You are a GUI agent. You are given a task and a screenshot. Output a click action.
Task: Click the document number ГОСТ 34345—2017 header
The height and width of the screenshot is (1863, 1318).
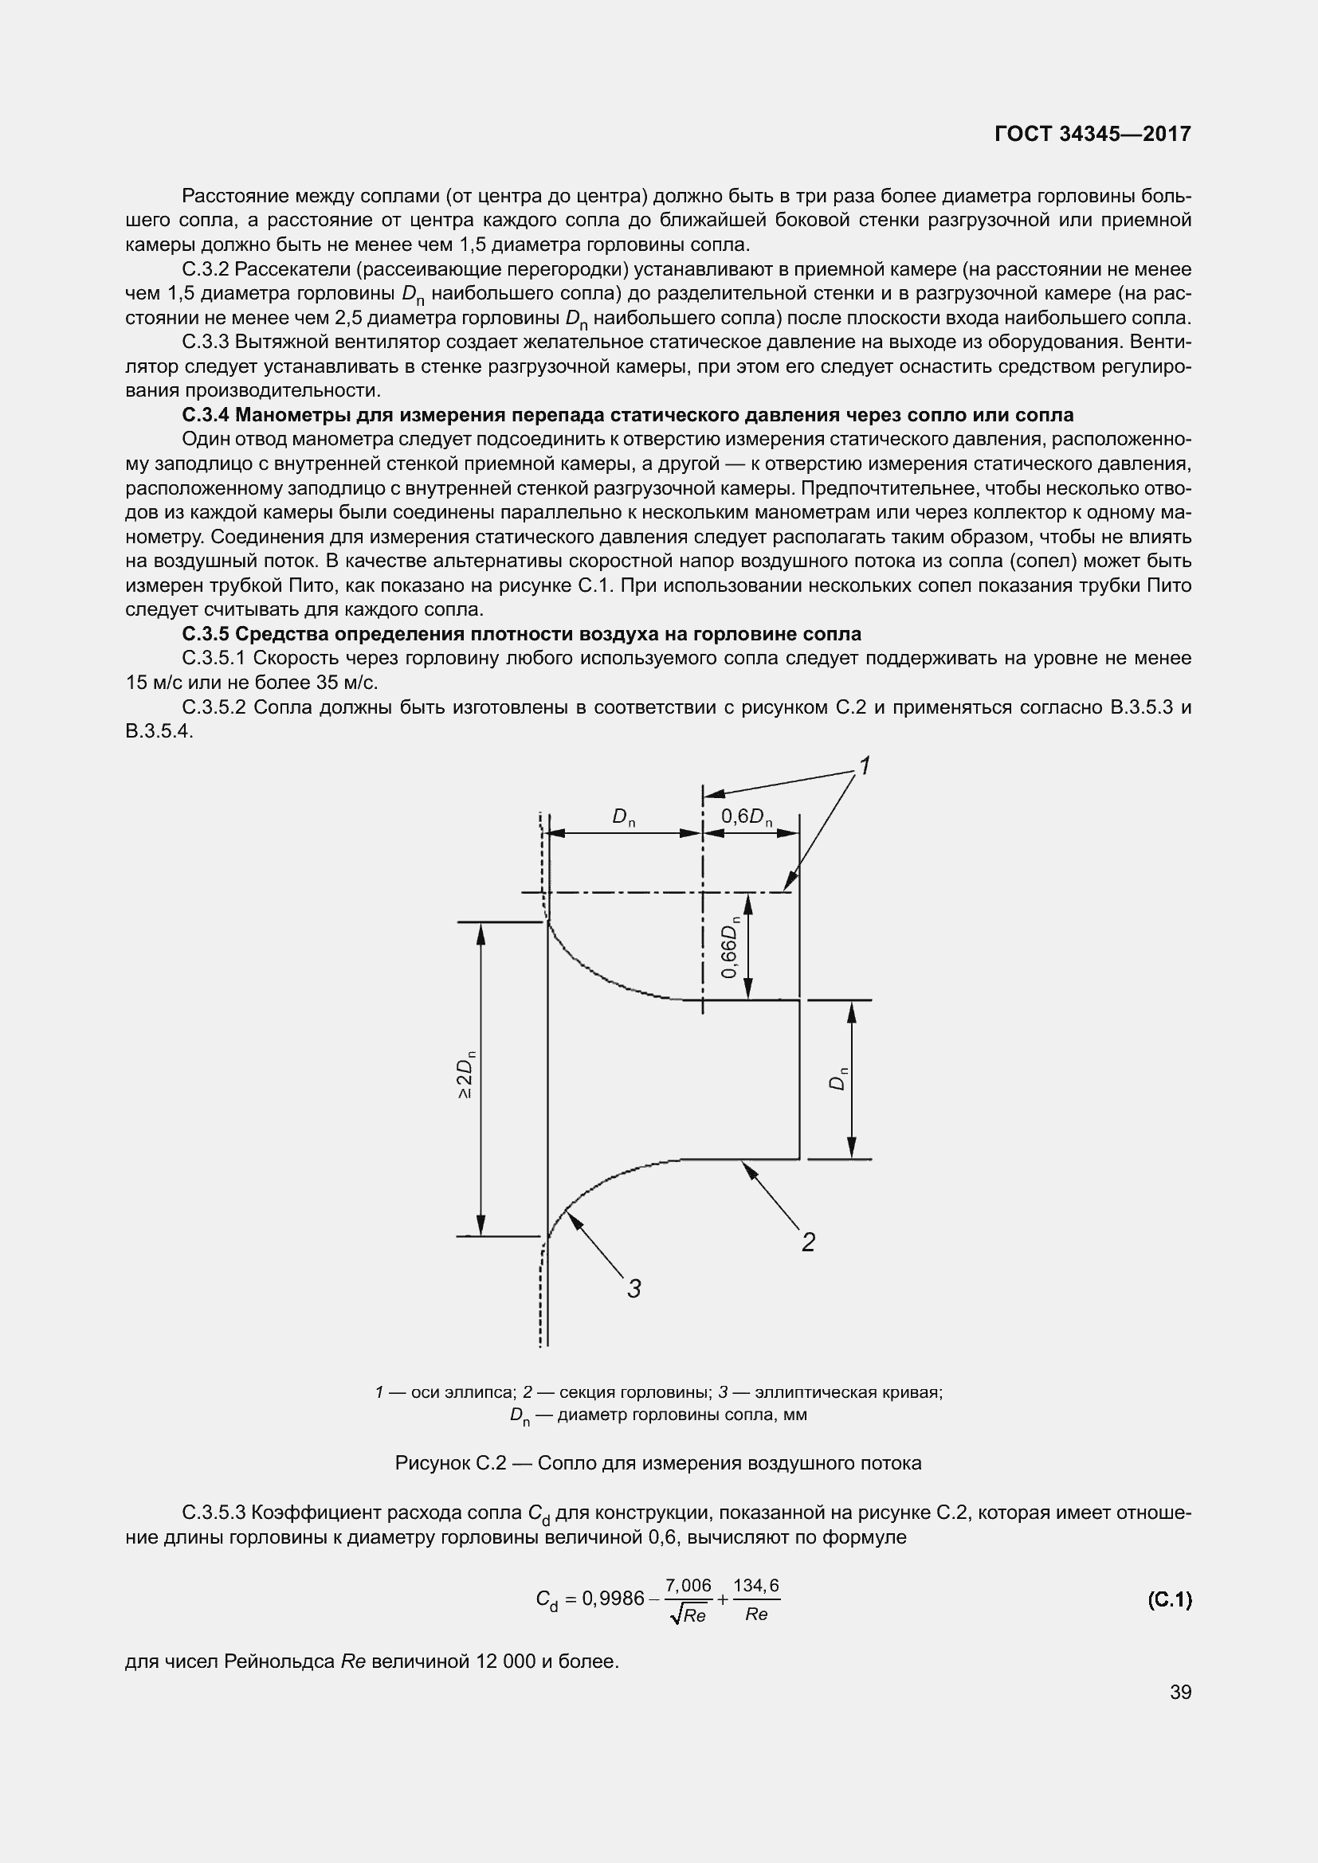pos(1092,134)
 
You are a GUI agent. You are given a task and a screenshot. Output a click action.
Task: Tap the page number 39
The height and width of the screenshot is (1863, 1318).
pos(1181,1692)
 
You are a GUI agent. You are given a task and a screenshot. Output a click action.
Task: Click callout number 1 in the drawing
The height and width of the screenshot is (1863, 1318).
pos(865,765)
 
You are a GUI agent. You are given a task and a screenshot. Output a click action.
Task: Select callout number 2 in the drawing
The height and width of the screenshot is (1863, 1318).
pos(807,1242)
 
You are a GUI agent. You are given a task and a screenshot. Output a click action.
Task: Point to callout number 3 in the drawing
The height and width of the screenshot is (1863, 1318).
pos(634,1288)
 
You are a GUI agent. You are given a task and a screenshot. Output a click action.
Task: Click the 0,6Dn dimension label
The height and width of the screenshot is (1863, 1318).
pos(747,817)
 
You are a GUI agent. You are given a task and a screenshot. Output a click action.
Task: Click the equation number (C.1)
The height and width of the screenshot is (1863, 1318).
pos(1170,1599)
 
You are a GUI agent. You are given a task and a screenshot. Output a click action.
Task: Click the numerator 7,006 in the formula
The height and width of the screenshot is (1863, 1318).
pos(688,1585)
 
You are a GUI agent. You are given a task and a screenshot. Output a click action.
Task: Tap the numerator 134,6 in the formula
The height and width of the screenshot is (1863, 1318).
pos(756,1585)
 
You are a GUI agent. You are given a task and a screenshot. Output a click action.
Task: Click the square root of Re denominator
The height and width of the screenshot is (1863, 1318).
pos(688,1614)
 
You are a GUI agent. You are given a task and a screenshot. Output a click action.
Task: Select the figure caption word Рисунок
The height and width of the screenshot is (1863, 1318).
pos(432,1463)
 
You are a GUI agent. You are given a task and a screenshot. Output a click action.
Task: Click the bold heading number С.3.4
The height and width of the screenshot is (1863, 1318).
pos(206,415)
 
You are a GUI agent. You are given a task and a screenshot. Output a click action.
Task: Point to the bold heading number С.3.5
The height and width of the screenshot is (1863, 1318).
pos(206,634)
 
